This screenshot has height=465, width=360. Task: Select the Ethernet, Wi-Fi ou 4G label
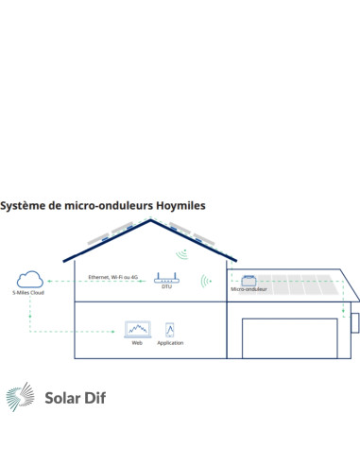pyautogui.click(x=112, y=277)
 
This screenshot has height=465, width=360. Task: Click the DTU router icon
pyautogui.click(x=166, y=281)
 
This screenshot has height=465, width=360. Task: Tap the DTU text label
pyautogui.click(x=166, y=292)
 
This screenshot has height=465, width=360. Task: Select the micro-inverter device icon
pyautogui.click(x=249, y=280)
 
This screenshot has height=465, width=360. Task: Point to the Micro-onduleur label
pyautogui.click(x=249, y=290)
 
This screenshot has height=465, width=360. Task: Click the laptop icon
pyautogui.click(x=137, y=330)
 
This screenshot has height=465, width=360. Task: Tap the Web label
pyautogui.click(x=137, y=342)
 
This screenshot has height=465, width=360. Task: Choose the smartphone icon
pyautogui.click(x=170, y=329)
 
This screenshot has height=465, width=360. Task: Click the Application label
pyautogui.click(x=170, y=342)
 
